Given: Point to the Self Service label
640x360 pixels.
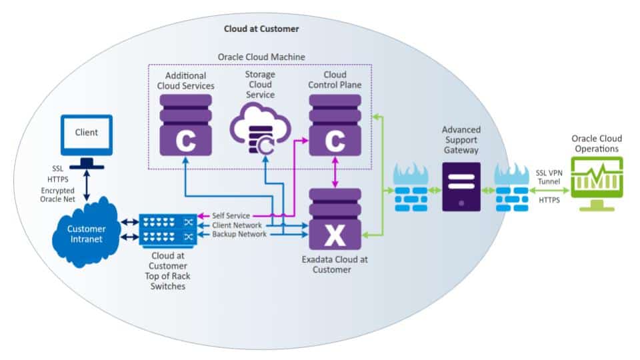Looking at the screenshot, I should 231,215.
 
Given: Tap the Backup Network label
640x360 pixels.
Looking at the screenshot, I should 239,235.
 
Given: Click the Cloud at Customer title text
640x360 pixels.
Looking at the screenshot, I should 261,29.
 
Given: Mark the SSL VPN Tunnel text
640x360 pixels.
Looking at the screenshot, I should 550,177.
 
